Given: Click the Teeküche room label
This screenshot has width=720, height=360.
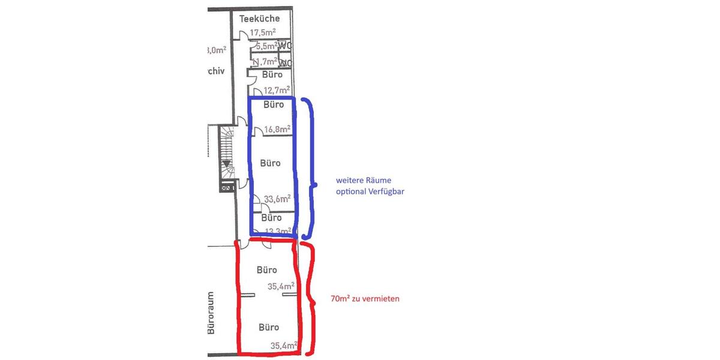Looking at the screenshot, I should point(259,19).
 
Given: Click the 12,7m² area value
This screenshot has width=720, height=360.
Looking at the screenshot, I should point(277,91).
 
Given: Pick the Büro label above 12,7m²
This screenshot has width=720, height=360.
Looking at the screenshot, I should point(272,75).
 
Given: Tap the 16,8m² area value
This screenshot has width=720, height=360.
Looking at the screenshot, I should point(277,128).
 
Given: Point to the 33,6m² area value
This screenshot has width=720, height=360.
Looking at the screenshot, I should point(277,198).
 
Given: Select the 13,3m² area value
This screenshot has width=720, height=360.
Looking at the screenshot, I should point(277,230).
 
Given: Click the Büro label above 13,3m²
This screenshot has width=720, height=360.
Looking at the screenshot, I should point(271,218).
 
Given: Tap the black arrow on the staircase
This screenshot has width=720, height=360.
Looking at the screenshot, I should point(226,163).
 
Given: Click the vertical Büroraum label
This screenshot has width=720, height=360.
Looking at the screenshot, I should point(211,314).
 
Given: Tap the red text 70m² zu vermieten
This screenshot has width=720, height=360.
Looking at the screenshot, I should point(365,298).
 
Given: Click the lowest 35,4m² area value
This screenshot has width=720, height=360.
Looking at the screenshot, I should point(283,346).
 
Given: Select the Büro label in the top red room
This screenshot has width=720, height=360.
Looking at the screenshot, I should point(267,270).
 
